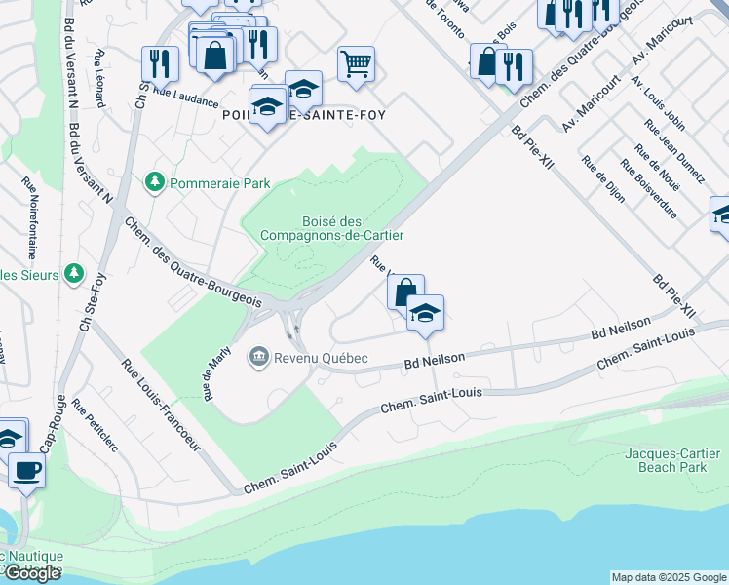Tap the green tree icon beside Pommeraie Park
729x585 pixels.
pyautogui.click(x=153, y=181)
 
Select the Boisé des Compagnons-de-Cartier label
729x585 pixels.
pyautogui.click(x=331, y=228)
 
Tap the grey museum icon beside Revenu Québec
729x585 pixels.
pyautogui.click(x=259, y=358)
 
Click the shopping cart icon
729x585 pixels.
pyautogui.click(x=356, y=64)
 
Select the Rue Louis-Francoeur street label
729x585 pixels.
pyautogui.click(x=161, y=408)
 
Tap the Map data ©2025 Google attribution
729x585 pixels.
pyautogui.click(x=669, y=577)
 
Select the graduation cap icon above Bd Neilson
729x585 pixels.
pyautogui.click(x=426, y=313)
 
